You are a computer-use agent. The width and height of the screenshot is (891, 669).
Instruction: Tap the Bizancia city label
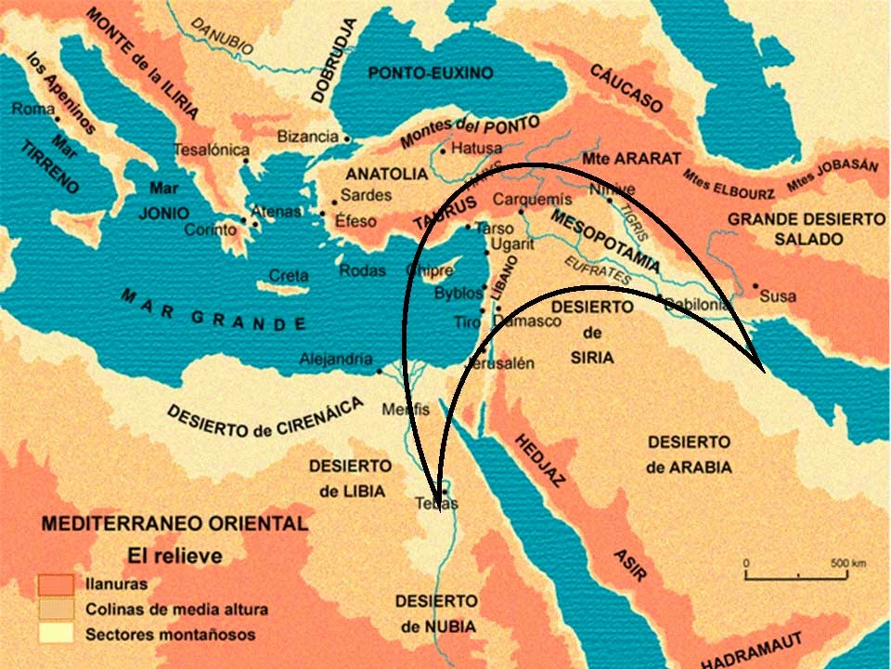307,137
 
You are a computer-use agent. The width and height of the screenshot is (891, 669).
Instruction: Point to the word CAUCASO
626,88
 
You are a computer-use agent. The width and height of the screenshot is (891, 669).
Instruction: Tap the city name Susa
778,296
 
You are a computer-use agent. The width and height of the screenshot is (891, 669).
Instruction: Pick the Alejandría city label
336,360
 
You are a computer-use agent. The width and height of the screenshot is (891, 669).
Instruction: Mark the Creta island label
288,275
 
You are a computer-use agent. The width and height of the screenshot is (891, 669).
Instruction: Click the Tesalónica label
213,150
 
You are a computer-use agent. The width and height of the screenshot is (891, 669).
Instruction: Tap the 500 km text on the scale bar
847,563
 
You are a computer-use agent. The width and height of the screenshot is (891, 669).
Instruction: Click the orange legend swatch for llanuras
55,584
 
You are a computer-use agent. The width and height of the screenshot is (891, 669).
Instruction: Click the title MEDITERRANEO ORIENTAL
174,524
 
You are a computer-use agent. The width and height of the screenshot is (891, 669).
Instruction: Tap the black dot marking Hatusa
445,150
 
